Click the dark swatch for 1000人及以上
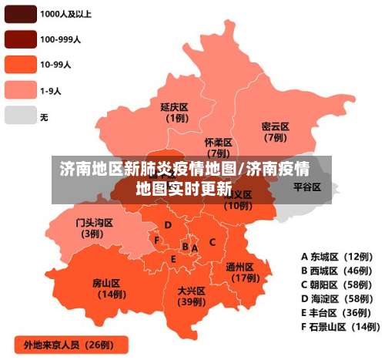20,14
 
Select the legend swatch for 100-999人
20,38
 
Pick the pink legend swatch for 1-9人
20,90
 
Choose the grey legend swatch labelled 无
20,116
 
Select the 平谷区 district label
306,187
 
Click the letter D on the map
168,225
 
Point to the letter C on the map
212,242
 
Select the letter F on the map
157,241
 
